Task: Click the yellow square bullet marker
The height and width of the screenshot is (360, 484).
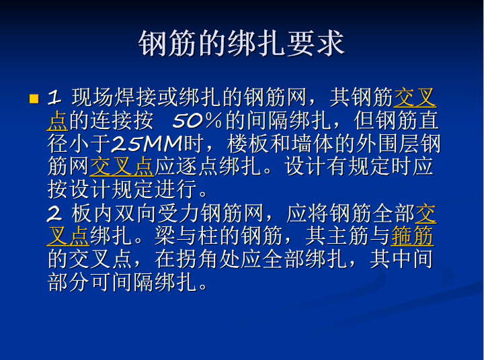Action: pyautogui.click(x=34, y=99)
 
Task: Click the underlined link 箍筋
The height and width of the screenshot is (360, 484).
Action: pyautogui.click(x=412, y=236)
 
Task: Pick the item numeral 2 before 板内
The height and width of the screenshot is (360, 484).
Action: pyautogui.click(x=54, y=214)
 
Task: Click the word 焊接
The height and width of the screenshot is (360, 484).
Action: pyautogui.click(x=135, y=99)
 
